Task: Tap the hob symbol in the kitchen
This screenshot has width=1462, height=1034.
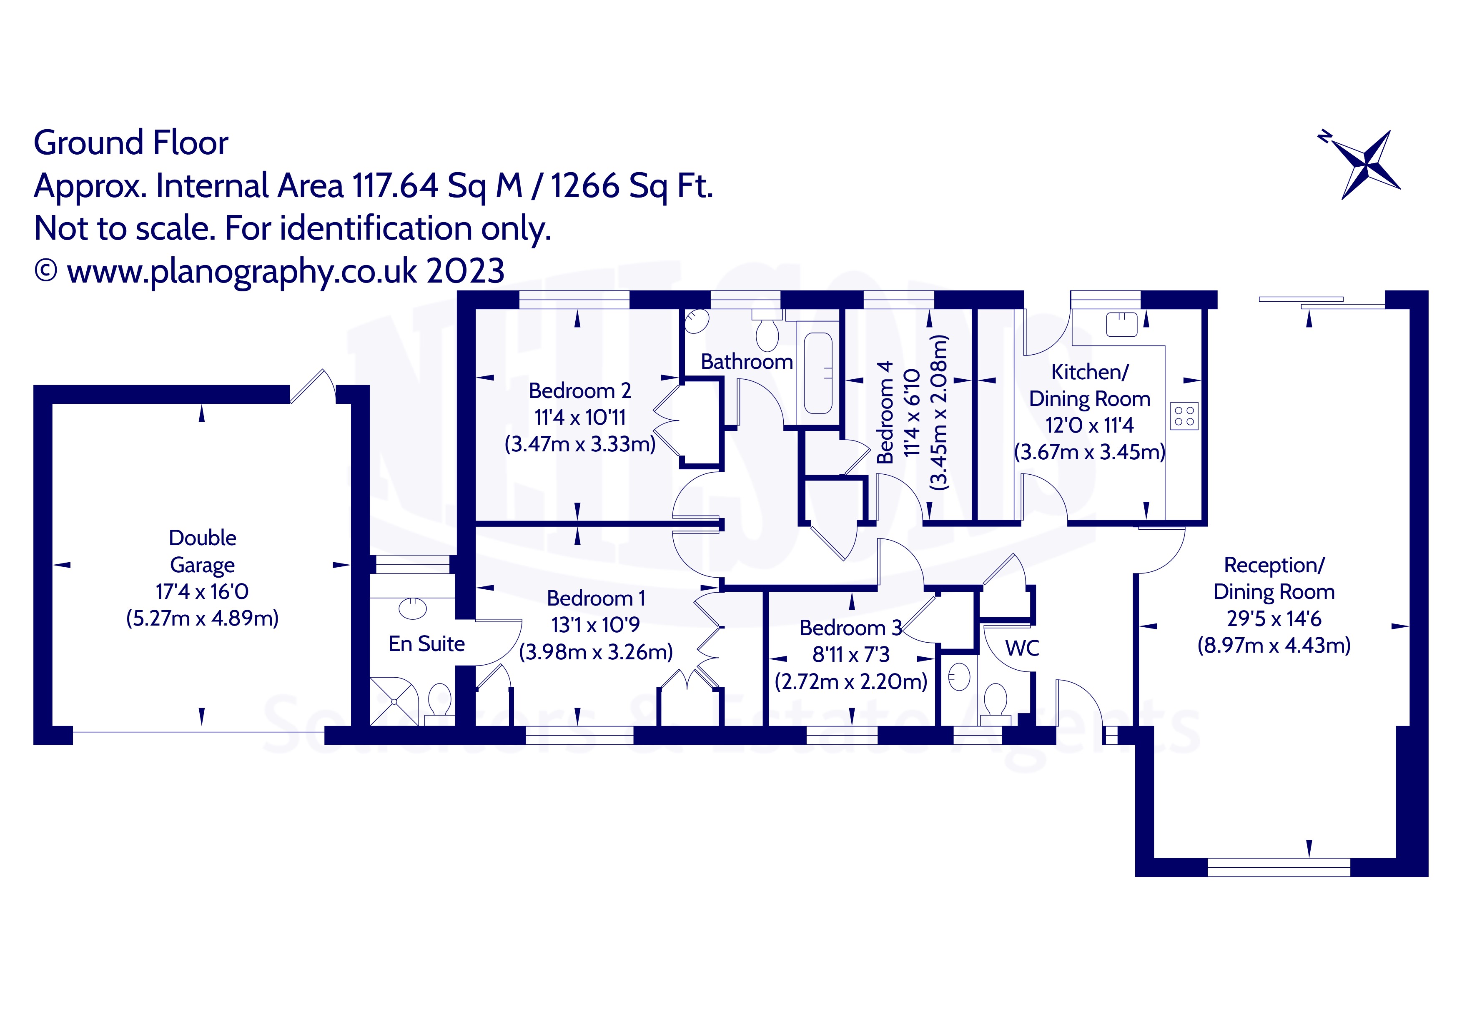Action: tap(1184, 416)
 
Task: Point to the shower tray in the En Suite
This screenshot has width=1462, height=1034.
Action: tap(394, 701)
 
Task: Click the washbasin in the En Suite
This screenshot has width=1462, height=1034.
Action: tap(413, 608)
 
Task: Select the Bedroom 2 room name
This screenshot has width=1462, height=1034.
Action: tap(579, 390)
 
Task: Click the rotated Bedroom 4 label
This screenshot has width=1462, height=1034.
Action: tap(885, 412)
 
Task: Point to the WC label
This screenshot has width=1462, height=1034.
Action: tap(1022, 648)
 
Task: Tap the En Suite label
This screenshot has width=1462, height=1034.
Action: tap(426, 644)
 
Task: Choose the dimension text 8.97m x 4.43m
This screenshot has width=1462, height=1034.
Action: tap(1274, 646)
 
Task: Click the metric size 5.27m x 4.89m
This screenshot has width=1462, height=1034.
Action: tap(203, 618)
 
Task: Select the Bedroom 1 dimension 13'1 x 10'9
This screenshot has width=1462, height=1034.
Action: tap(595, 625)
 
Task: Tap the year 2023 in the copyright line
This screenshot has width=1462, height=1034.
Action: tap(466, 271)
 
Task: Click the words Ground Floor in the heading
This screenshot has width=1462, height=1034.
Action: tap(130, 143)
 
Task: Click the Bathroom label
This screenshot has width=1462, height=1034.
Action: tap(746, 362)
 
